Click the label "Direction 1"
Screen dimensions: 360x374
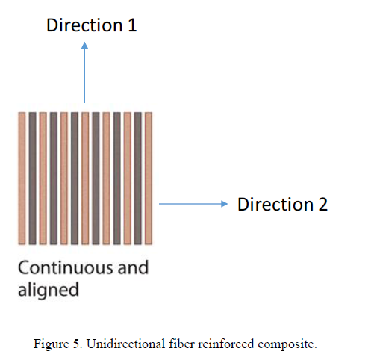(x=91, y=25)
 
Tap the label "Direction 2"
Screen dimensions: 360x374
(x=282, y=204)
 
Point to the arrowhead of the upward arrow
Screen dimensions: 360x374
(x=84, y=46)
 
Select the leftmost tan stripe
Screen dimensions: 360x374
(x=22, y=178)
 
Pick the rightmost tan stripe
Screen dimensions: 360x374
(x=149, y=178)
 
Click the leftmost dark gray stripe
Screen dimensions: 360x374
(x=32, y=178)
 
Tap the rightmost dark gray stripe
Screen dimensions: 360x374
(x=138, y=178)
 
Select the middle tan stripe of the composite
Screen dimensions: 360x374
(x=85, y=178)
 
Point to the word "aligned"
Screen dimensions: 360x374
(x=48, y=289)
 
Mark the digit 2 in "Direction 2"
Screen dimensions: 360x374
(x=322, y=204)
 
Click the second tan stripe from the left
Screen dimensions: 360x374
(x=43, y=178)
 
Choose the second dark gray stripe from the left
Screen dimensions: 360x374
(x=53, y=178)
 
